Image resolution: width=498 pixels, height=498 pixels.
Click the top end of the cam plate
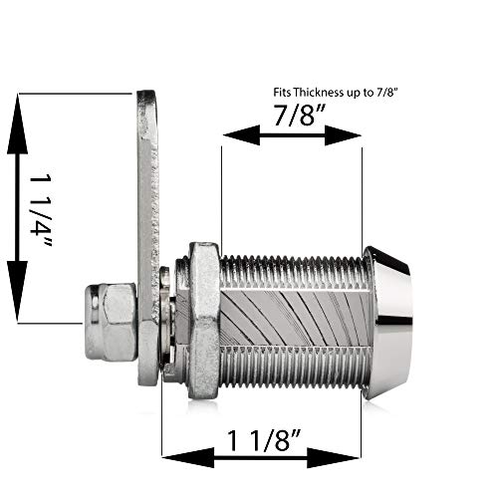(x=147, y=110)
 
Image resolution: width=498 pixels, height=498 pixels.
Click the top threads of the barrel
(x=289, y=267)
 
